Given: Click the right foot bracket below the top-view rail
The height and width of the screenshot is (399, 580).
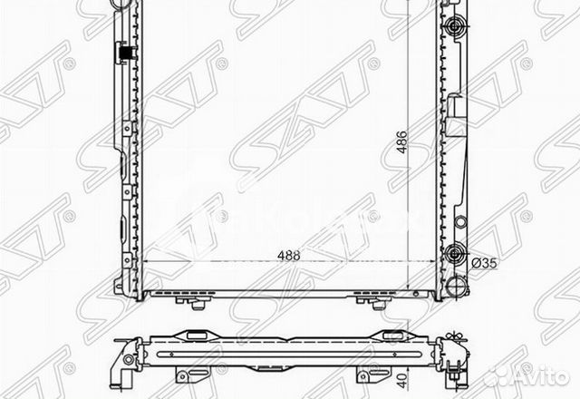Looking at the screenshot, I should tap(362, 373).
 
